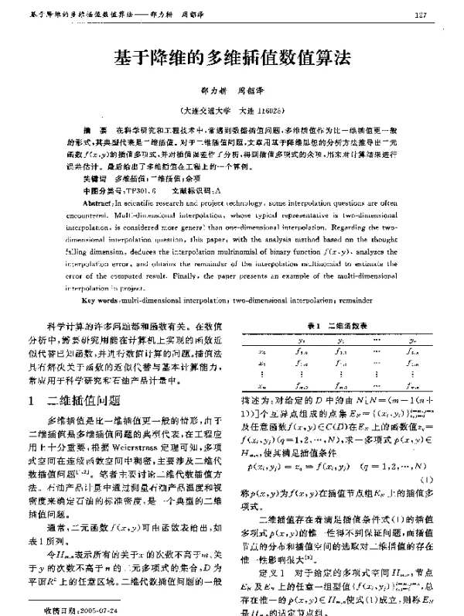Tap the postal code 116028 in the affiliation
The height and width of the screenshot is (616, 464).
tap(270, 111)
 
